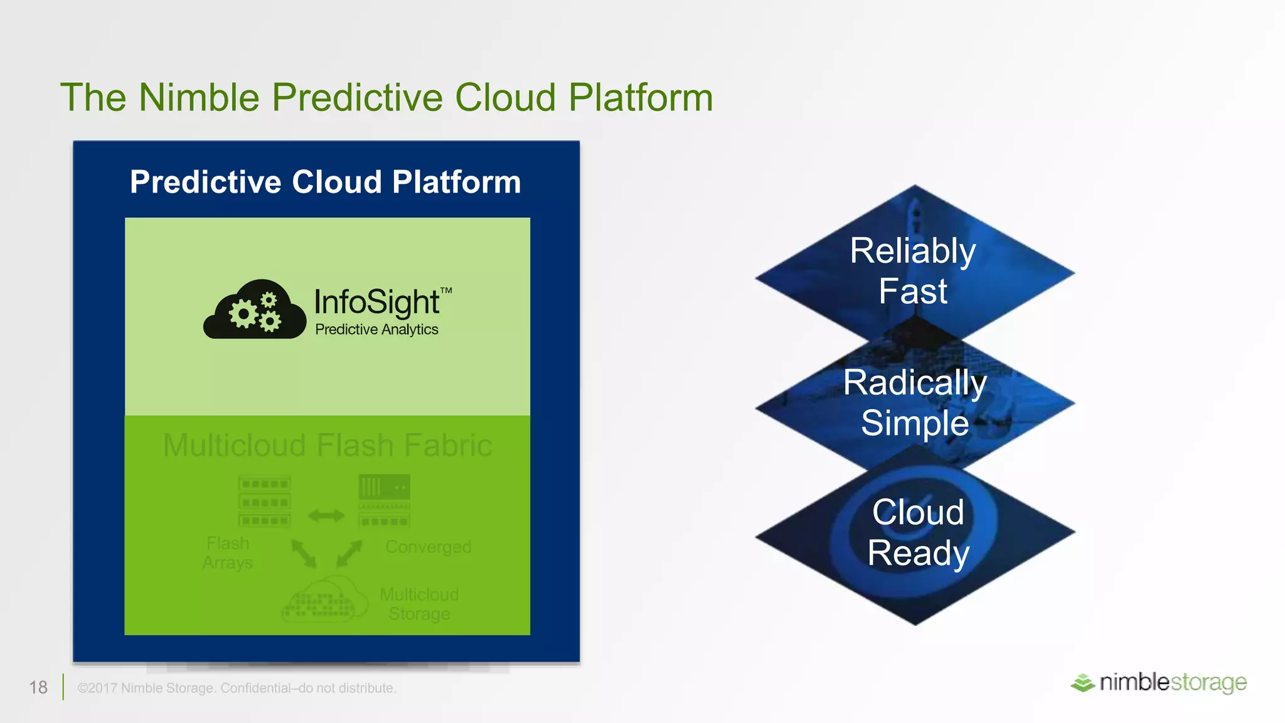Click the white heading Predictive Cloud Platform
325,182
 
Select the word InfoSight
376,303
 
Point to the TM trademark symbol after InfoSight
446,291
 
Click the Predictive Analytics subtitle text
376,329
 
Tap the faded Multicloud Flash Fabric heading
328,446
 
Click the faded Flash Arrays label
228,553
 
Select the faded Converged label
429,547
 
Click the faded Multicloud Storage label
419,604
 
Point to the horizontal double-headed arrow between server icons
326,516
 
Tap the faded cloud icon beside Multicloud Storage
324,601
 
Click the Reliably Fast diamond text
913,270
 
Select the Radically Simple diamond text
915,402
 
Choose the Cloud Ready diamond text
918,532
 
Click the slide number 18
38,687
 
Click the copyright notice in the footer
237,688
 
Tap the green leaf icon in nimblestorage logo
1082,683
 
